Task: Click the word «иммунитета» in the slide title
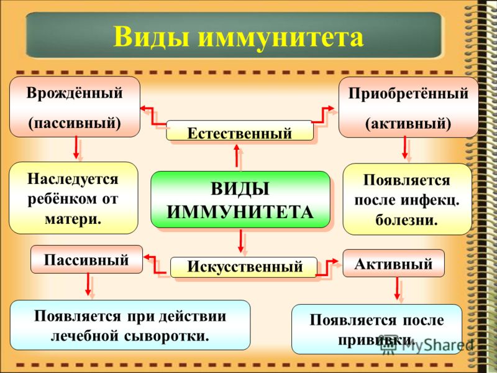281,37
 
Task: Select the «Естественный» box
240,131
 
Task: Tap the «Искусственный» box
244,267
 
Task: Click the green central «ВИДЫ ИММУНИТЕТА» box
240,200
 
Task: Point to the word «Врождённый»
75,93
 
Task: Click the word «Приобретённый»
408,94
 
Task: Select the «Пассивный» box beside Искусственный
86,259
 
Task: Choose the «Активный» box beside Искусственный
394,263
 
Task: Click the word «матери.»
73,219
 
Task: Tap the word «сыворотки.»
166,336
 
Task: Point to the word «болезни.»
407,220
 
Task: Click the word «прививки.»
376,340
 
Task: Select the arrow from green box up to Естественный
237,155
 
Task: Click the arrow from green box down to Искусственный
241,241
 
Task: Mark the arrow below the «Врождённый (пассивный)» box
76,147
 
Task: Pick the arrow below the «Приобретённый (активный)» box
405,147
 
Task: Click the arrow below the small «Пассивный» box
88,284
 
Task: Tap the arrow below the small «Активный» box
397,288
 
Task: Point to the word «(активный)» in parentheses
408,123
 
